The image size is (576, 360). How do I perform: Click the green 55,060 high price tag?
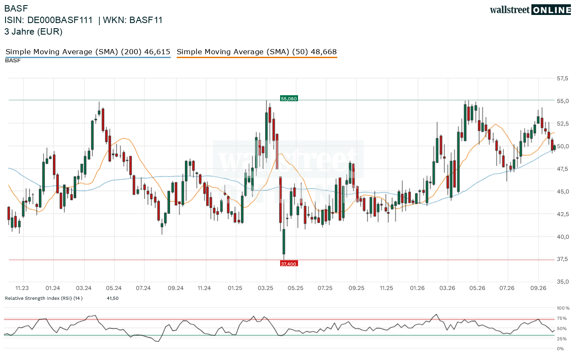point(289,99)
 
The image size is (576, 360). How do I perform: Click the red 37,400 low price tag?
point(289,264)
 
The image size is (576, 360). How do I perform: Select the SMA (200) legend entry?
point(88,52)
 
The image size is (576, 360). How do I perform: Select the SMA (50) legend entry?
point(257,52)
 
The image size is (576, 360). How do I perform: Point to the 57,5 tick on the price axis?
point(563,79)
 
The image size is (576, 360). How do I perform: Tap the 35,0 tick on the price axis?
point(563,281)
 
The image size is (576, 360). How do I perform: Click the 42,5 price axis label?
point(563,214)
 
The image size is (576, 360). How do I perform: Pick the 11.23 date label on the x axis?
point(22,288)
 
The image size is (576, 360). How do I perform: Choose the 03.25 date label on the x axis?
point(266,288)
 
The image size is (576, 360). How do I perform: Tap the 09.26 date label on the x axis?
point(538,288)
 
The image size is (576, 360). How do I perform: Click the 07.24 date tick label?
point(143,288)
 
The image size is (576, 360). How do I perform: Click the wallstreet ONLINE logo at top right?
point(530,10)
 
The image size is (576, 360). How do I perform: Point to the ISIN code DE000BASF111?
point(60,20)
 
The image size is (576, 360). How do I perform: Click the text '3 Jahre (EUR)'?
point(33,32)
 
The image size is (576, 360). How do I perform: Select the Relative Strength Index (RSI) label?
point(44,298)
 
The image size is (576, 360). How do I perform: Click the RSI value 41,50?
point(113,298)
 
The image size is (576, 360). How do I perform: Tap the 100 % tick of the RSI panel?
point(563,308)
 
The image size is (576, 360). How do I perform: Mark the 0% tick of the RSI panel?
point(560,349)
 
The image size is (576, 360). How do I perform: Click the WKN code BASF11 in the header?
point(146,20)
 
